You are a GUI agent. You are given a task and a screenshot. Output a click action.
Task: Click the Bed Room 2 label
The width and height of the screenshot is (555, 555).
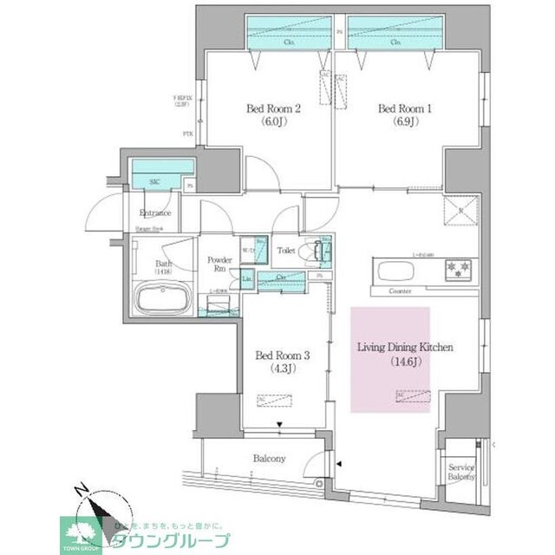pos(273,108)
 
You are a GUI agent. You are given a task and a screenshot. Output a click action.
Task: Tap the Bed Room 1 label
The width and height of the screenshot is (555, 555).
pos(403,108)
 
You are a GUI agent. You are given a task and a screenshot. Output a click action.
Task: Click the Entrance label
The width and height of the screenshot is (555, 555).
pos(155,212)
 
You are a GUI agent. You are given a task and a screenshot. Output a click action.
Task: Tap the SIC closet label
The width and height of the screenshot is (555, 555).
pos(154,182)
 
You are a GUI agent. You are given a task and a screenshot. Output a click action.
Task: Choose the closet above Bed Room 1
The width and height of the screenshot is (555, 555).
pos(396,35)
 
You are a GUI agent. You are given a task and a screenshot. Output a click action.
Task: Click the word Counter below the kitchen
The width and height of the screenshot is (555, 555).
pos(400,291)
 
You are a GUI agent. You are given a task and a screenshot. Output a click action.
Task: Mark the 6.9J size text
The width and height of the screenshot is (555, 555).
pos(403,122)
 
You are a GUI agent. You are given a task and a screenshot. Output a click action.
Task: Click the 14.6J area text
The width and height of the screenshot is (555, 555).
pos(406,362)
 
